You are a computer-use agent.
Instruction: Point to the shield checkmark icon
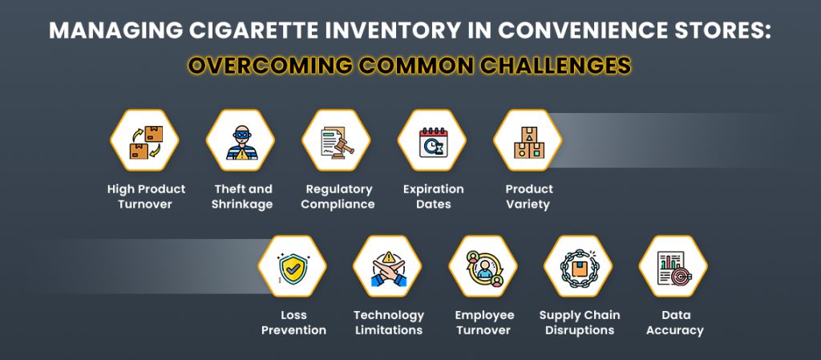click(x=293, y=267)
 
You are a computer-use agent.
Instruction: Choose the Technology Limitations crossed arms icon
click(x=388, y=267)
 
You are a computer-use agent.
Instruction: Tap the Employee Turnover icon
click(x=483, y=267)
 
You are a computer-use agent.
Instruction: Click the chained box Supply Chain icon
click(x=578, y=267)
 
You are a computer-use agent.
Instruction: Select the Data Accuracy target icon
click(x=673, y=267)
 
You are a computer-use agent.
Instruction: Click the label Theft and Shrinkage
click(x=242, y=196)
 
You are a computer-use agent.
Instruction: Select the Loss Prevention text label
click(x=294, y=322)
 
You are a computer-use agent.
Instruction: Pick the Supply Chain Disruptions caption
click(x=579, y=322)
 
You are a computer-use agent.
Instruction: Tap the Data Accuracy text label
click(x=675, y=322)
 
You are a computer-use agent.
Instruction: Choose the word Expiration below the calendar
click(x=433, y=189)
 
